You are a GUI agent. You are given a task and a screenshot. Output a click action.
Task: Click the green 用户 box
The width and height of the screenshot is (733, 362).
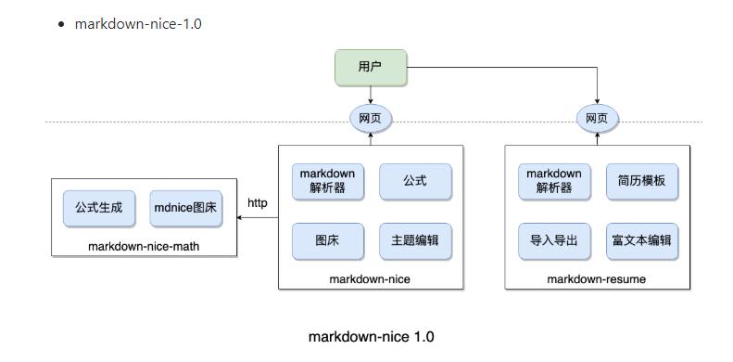[x=371, y=67]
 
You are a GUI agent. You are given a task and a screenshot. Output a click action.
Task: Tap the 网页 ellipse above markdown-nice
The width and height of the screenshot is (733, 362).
[x=371, y=119]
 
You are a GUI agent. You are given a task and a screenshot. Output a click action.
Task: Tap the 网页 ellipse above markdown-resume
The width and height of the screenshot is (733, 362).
[x=598, y=119]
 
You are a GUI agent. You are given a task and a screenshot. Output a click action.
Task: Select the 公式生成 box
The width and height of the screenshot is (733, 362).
[x=99, y=208]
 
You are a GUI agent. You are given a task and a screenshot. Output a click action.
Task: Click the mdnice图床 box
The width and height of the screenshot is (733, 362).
[x=185, y=208]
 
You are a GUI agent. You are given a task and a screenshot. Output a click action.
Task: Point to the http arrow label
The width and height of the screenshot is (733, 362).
[x=258, y=203]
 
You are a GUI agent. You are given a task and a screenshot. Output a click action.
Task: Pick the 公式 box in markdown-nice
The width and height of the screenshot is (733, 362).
[x=415, y=181]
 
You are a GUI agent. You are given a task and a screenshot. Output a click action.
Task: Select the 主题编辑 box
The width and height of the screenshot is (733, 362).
[x=415, y=240]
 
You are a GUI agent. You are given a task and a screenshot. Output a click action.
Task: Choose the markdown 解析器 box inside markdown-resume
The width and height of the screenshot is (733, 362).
[x=554, y=181]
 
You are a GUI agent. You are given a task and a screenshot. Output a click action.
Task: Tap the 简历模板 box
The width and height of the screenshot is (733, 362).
[x=641, y=181]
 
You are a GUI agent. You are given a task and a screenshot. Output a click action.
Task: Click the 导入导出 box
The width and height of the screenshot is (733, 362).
[x=554, y=240]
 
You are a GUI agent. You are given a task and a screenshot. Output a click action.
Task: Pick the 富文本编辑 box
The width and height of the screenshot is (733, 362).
[x=641, y=240]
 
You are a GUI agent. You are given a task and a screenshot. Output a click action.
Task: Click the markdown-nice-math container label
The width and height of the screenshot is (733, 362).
[x=144, y=246]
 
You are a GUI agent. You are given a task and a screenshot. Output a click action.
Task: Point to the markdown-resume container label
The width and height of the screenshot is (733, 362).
[x=597, y=278]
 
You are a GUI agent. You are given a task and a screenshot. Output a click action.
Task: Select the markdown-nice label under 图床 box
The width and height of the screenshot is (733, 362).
[x=371, y=278]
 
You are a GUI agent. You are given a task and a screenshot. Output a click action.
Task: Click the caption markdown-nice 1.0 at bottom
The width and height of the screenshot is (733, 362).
[x=371, y=337]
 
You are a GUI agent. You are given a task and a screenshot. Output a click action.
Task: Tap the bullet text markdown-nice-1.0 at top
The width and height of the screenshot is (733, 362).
[x=138, y=23]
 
